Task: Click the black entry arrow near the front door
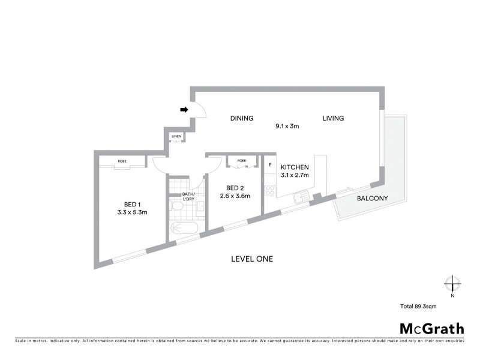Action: point(185,110)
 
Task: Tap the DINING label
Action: point(241,118)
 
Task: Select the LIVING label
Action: point(333,118)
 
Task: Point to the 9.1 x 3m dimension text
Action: point(287,127)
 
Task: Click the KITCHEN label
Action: point(295,167)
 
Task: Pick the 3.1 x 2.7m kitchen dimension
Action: point(295,176)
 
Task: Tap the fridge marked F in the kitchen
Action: point(270,165)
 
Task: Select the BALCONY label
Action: point(372,199)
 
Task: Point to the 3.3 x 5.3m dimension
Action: point(132,212)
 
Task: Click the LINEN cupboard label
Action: point(176,137)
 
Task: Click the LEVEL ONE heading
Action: point(252,259)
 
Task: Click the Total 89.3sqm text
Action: point(423,307)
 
